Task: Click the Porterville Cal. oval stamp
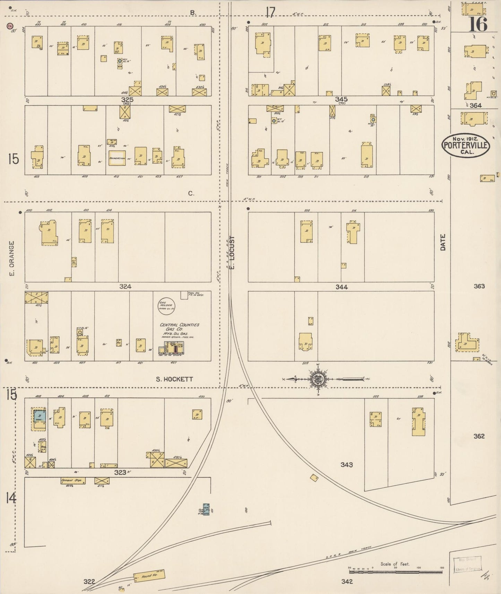(x=466, y=146)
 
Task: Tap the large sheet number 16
(x=478, y=24)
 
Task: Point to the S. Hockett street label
(x=174, y=379)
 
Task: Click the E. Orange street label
(x=12, y=259)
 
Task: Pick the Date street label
(x=443, y=242)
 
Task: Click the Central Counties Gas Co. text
(x=179, y=327)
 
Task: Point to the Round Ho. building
(x=149, y=576)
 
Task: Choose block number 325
(x=127, y=99)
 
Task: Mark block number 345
(x=341, y=99)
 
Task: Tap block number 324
(x=125, y=286)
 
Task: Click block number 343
(x=346, y=464)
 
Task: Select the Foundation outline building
(x=117, y=158)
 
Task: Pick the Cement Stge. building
(x=72, y=481)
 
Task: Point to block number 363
(x=479, y=286)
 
